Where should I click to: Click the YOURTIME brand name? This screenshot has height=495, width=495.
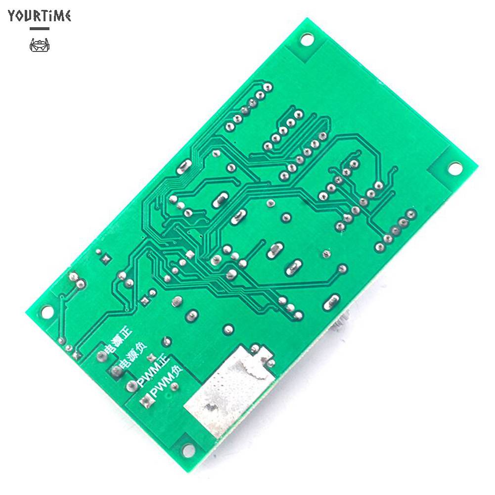[40, 15]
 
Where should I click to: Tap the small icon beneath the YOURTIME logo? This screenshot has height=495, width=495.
[40, 45]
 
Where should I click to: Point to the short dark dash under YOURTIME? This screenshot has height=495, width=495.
[40, 29]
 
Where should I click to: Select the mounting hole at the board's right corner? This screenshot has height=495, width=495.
[454, 168]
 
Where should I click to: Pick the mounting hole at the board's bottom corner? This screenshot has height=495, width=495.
[188, 450]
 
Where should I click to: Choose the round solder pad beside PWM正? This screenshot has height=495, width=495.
[132, 386]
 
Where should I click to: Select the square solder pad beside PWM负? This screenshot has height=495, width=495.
[145, 402]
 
